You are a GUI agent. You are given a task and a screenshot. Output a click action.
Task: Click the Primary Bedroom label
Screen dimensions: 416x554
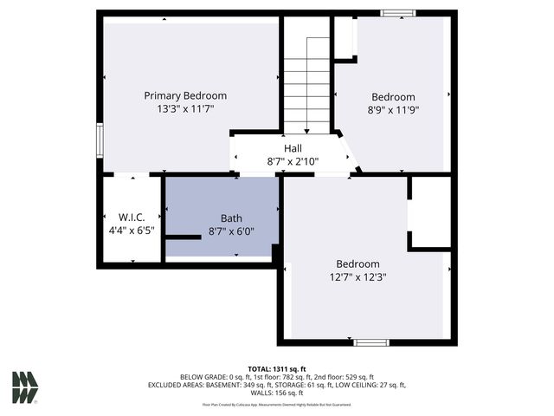(185, 95)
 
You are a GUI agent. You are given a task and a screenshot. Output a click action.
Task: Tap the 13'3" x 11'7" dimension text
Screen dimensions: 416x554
(185, 110)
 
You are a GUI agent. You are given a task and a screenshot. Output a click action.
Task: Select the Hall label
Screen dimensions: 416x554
(293, 148)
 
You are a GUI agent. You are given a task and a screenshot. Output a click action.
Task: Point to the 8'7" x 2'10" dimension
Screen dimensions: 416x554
(293, 161)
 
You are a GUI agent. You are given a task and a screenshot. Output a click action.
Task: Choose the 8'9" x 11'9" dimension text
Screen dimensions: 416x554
(393, 111)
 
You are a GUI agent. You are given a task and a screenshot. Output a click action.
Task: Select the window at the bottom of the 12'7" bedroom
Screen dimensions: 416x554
(371, 342)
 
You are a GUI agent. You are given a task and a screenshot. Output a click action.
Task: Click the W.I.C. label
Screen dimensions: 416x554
(129, 217)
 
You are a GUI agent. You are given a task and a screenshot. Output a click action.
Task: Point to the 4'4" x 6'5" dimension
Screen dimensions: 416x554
(129, 231)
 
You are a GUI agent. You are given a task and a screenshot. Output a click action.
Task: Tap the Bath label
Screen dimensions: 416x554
(231, 218)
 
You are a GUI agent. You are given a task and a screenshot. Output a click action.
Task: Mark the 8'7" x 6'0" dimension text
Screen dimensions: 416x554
(231, 231)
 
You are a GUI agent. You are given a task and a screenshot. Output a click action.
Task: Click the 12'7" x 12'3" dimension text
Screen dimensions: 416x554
(358, 277)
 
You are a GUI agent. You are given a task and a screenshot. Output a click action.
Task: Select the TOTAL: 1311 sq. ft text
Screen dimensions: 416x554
(276, 368)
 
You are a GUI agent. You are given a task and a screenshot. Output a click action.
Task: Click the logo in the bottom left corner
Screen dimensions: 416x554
(24, 387)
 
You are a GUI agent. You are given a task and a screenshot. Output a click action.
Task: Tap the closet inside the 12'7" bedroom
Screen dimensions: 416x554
(430, 213)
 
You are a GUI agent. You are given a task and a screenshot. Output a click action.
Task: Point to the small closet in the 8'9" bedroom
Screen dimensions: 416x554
(345, 37)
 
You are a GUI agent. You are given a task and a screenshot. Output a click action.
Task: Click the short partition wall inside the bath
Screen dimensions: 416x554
(183, 237)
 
